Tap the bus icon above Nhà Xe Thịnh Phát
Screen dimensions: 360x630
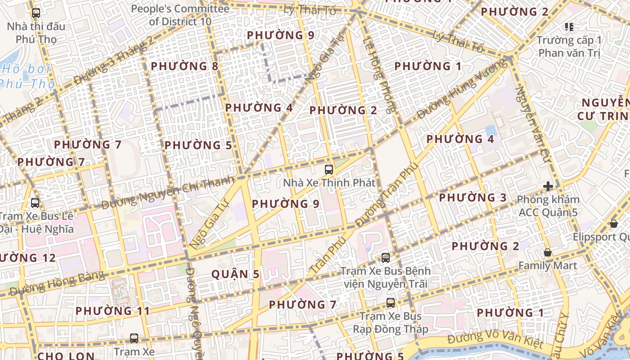(329, 170)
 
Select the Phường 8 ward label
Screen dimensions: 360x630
(184, 66)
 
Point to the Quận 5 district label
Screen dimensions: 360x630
(235, 274)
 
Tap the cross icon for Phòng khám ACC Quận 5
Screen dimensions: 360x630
(548, 186)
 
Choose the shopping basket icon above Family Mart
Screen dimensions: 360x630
(548, 252)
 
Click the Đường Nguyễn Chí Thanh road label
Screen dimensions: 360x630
(167, 193)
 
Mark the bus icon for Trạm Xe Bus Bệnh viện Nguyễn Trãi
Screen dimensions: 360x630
(386, 258)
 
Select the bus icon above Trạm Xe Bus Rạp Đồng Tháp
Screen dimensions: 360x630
(390, 303)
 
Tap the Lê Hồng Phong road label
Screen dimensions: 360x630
(380, 74)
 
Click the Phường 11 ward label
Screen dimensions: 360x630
(112, 311)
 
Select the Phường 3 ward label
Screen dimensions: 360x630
(472, 198)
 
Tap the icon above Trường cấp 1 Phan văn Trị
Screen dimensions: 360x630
(569, 27)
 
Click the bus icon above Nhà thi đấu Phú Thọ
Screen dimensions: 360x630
(36, 13)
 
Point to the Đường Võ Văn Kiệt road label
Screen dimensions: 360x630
(495, 340)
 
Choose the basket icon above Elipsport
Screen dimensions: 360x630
(613, 223)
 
